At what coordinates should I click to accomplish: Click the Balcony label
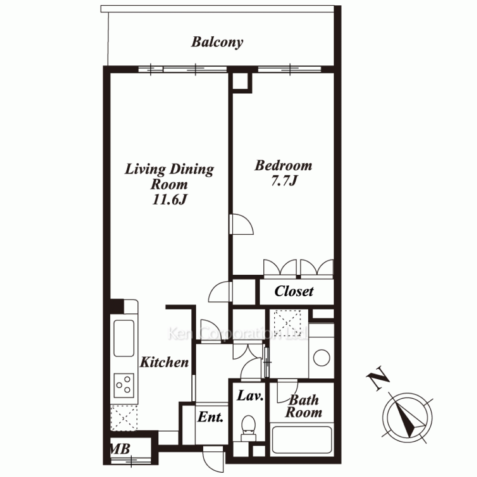pyautogui.click(x=217, y=42)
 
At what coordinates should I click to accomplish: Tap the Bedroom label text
pyautogui.click(x=283, y=166)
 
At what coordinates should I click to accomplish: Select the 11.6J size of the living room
pyautogui.click(x=169, y=199)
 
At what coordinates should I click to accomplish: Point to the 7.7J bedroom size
pyautogui.click(x=284, y=181)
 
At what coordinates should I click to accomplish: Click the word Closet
pyautogui.click(x=293, y=291)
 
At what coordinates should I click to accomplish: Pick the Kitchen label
pyautogui.click(x=164, y=362)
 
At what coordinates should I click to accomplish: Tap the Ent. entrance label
pyautogui.click(x=210, y=417)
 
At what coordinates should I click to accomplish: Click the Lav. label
pyautogui.click(x=250, y=395)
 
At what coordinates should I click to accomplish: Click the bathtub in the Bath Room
pyautogui.click(x=302, y=440)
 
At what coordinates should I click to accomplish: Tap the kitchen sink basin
pyautogui.click(x=124, y=338)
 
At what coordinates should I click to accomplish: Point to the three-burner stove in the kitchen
pyautogui.click(x=124, y=385)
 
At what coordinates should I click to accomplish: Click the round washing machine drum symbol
pyautogui.click(x=321, y=358)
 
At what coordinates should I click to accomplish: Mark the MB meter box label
pyautogui.click(x=120, y=449)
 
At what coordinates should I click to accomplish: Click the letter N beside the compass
pyautogui.click(x=378, y=378)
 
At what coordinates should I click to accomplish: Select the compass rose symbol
pyautogui.click(x=407, y=417)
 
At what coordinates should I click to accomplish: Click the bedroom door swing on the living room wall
pyautogui.click(x=241, y=224)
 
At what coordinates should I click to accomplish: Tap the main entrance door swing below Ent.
pyautogui.click(x=214, y=459)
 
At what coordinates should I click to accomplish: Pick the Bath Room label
pyautogui.click(x=303, y=406)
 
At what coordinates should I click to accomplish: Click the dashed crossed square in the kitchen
pyautogui.click(x=124, y=418)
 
